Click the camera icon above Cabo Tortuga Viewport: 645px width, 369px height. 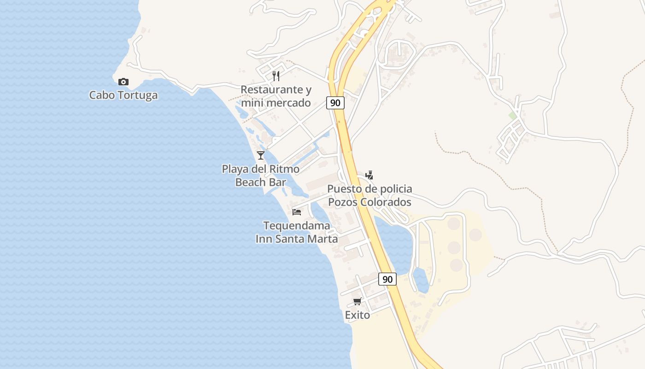point(123,82)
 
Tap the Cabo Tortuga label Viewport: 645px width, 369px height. point(123,95)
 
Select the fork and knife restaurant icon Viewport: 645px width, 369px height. point(276,76)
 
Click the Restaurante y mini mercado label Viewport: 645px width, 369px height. point(276,96)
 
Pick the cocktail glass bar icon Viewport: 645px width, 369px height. point(261,155)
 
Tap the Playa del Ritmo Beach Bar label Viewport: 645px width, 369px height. point(261,176)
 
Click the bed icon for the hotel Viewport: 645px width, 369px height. point(297,212)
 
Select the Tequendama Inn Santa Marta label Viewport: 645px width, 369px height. point(297,232)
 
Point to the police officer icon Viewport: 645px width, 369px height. point(369,175)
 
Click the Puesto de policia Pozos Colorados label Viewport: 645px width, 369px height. point(369,196)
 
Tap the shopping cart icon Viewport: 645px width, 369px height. point(357,302)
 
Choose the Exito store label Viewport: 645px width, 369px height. point(357,315)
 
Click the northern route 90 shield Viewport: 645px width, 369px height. point(335,103)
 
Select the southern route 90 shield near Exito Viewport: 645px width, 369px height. point(387,279)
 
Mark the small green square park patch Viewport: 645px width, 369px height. point(512,115)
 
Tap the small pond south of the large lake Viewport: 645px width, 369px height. point(421,280)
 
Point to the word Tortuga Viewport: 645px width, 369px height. point(138,95)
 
